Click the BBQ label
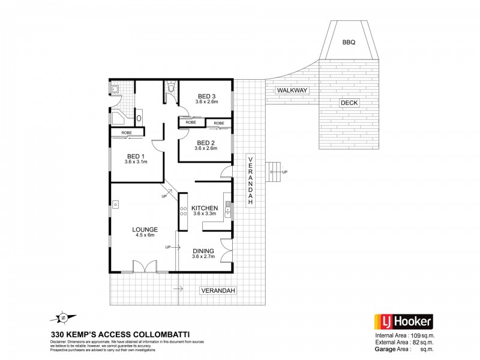pos(349,43)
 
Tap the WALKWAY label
pos(292,90)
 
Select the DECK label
pos(349,103)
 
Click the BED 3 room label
pos(206,96)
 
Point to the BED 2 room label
pos(206,142)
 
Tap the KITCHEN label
pos(205,208)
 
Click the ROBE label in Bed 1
pos(127,132)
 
